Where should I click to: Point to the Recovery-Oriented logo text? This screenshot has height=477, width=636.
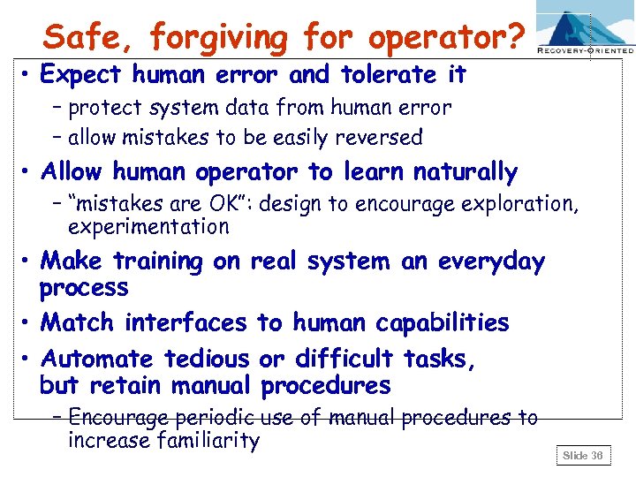(x=585, y=51)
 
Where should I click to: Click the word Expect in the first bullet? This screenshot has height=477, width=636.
(x=83, y=75)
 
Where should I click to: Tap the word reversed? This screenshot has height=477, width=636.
(x=380, y=137)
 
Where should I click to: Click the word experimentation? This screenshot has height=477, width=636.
(x=148, y=226)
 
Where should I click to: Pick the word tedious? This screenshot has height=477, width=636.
(x=207, y=359)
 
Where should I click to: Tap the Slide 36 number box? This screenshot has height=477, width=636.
(x=583, y=456)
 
